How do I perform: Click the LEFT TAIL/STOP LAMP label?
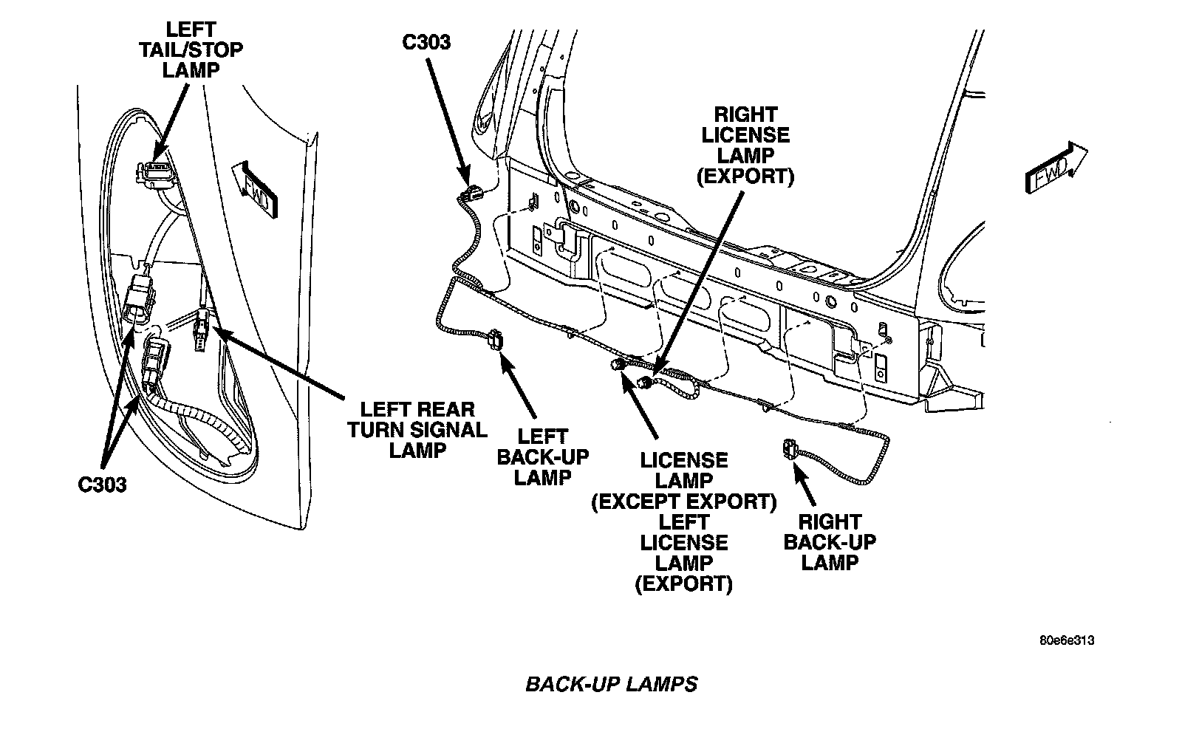coord(191,50)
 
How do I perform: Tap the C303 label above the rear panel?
coord(426,42)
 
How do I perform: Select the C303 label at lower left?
coord(103,485)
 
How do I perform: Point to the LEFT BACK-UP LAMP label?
coord(543,457)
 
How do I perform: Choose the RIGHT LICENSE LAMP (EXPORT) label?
coord(746,146)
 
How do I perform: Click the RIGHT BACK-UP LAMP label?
coord(830,542)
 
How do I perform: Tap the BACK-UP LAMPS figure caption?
coord(611,684)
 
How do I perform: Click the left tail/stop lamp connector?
coord(152,172)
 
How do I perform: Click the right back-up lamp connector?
coord(789,449)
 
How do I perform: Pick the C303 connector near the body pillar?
coord(469,195)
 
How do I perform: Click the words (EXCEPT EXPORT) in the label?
coord(683,502)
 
